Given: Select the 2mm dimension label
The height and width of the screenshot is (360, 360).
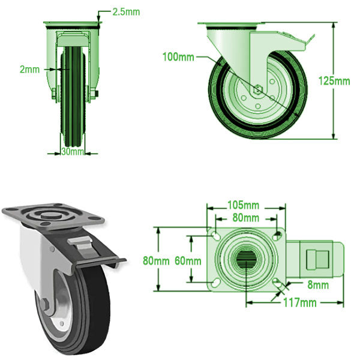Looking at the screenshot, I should (x=29, y=70).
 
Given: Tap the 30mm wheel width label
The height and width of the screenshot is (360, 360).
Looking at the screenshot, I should (x=73, y=152).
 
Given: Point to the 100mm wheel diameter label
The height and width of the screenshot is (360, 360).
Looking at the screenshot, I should (x=179, y=58).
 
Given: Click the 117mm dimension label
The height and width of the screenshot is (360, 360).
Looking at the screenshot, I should (x=299, y=302).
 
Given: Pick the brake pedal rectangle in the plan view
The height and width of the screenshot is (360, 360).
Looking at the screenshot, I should (x=315, y=259).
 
